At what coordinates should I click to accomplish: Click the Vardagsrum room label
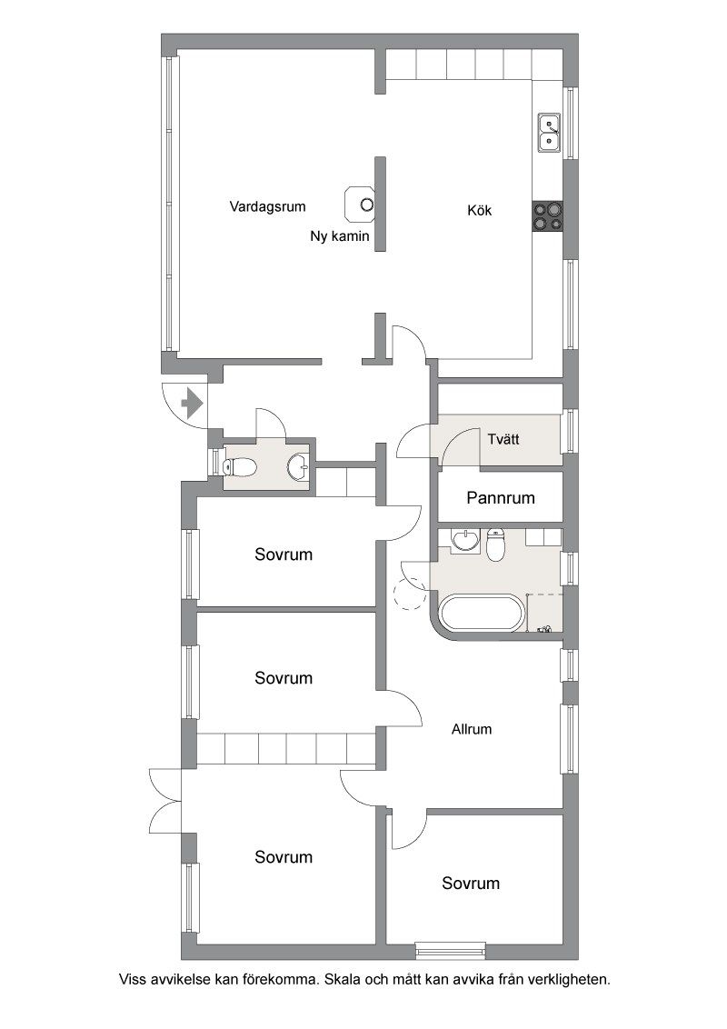pos(268,206)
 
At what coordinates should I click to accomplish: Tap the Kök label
pos(479,211)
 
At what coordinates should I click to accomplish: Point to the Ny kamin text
pos(340,236)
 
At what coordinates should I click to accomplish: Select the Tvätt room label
pos(503,439)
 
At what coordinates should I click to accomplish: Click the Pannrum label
pos(501,498)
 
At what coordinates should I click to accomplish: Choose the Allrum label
pos(471,729)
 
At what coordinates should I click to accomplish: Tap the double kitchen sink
pos(549,134)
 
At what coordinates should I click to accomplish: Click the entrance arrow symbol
pos(192,403)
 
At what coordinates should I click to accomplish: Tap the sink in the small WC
pos(299,466)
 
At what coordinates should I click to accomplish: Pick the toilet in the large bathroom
pos(496,544)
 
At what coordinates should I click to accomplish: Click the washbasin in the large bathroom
pos(466,539)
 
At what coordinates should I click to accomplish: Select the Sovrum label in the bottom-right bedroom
pos(471,884)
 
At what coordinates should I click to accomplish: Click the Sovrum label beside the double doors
pos(284,857)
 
